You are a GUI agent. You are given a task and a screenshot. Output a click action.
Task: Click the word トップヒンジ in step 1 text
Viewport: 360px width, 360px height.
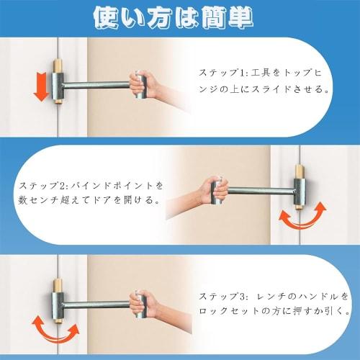(x=302, y=73)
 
